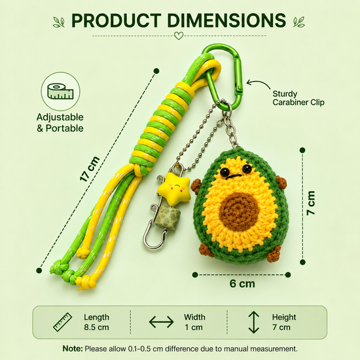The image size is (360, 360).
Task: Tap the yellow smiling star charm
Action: tap(175, 189)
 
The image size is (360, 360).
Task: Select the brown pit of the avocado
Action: tap(238, 208)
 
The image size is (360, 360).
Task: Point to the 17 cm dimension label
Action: tap(90, 169)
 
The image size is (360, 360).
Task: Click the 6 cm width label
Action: tap(242, 284)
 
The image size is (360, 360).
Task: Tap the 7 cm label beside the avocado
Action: tap(311, 203)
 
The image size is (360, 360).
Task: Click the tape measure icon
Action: tap(61, 92)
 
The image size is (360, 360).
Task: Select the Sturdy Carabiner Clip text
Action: tap(298, 98)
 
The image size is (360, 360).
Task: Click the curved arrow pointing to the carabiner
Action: tap(259, 82)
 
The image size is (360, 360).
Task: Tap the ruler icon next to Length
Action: tap(63, 322)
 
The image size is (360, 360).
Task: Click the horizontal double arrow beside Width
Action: tap(161, 321)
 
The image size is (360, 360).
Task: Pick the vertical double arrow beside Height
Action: tap(254, 322)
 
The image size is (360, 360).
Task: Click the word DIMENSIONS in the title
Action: tap(226, 20)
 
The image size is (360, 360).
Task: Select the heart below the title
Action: tap(179, 36)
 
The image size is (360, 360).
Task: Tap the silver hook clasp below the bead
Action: tap(154, 238)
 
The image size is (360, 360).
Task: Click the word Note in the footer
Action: tap(72, 349)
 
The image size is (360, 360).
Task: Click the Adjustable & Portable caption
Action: tap(60, 122)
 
